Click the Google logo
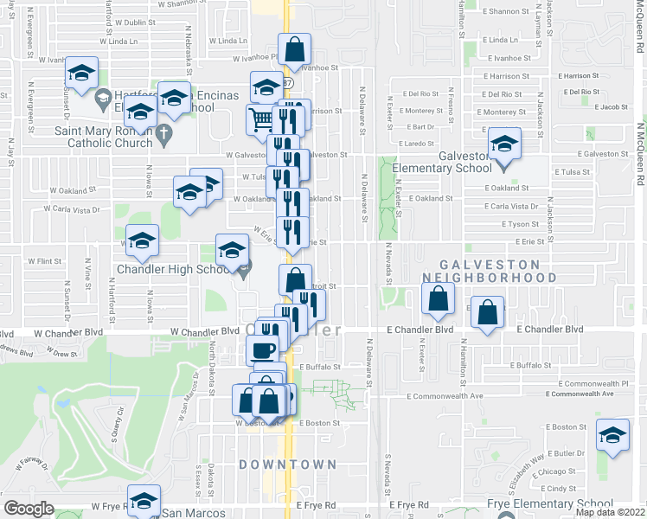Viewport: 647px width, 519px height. [29, 509]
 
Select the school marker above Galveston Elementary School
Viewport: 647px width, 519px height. [504, 144]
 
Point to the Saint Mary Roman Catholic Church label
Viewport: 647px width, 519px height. [102, 137]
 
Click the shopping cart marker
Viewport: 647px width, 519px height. [261, 119]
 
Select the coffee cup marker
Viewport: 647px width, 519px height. [262, 349]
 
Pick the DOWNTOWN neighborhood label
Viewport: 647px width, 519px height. [287, 465]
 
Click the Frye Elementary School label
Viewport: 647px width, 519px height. [551, 504]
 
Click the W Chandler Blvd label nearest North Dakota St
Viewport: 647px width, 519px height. [204, 330]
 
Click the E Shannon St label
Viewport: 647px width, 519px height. [506, 11]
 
